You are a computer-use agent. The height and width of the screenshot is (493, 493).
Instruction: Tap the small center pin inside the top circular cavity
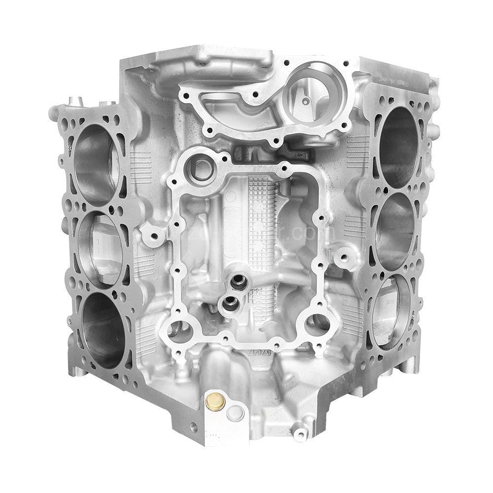[x=306, y=102]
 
